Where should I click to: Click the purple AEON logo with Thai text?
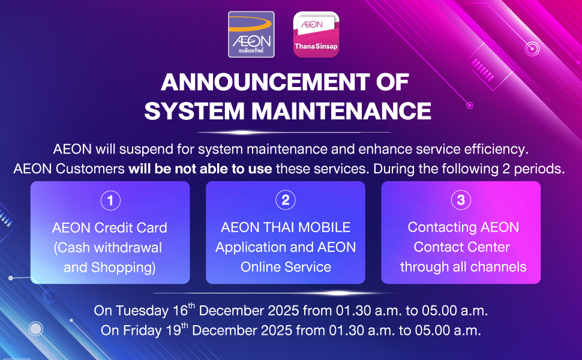point(251,35)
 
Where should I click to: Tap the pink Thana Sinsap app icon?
point(316,35)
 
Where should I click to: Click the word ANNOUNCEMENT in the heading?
point(265,82)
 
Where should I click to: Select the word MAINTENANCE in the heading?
point(341,111)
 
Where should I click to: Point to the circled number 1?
point(110,200)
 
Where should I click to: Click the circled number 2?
point(286,200)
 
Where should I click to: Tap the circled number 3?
point(461,200)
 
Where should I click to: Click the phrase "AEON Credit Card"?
point(109,227)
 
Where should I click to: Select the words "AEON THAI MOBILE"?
point(286,227)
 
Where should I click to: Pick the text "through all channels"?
point(463,267)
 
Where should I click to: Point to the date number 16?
point(180,311)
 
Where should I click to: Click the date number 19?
point(173,331)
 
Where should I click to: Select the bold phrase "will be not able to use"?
point(200,169)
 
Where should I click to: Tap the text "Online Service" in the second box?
point(286,267)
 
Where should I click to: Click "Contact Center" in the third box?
point(462,247)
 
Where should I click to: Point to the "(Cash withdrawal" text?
point(108,248)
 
